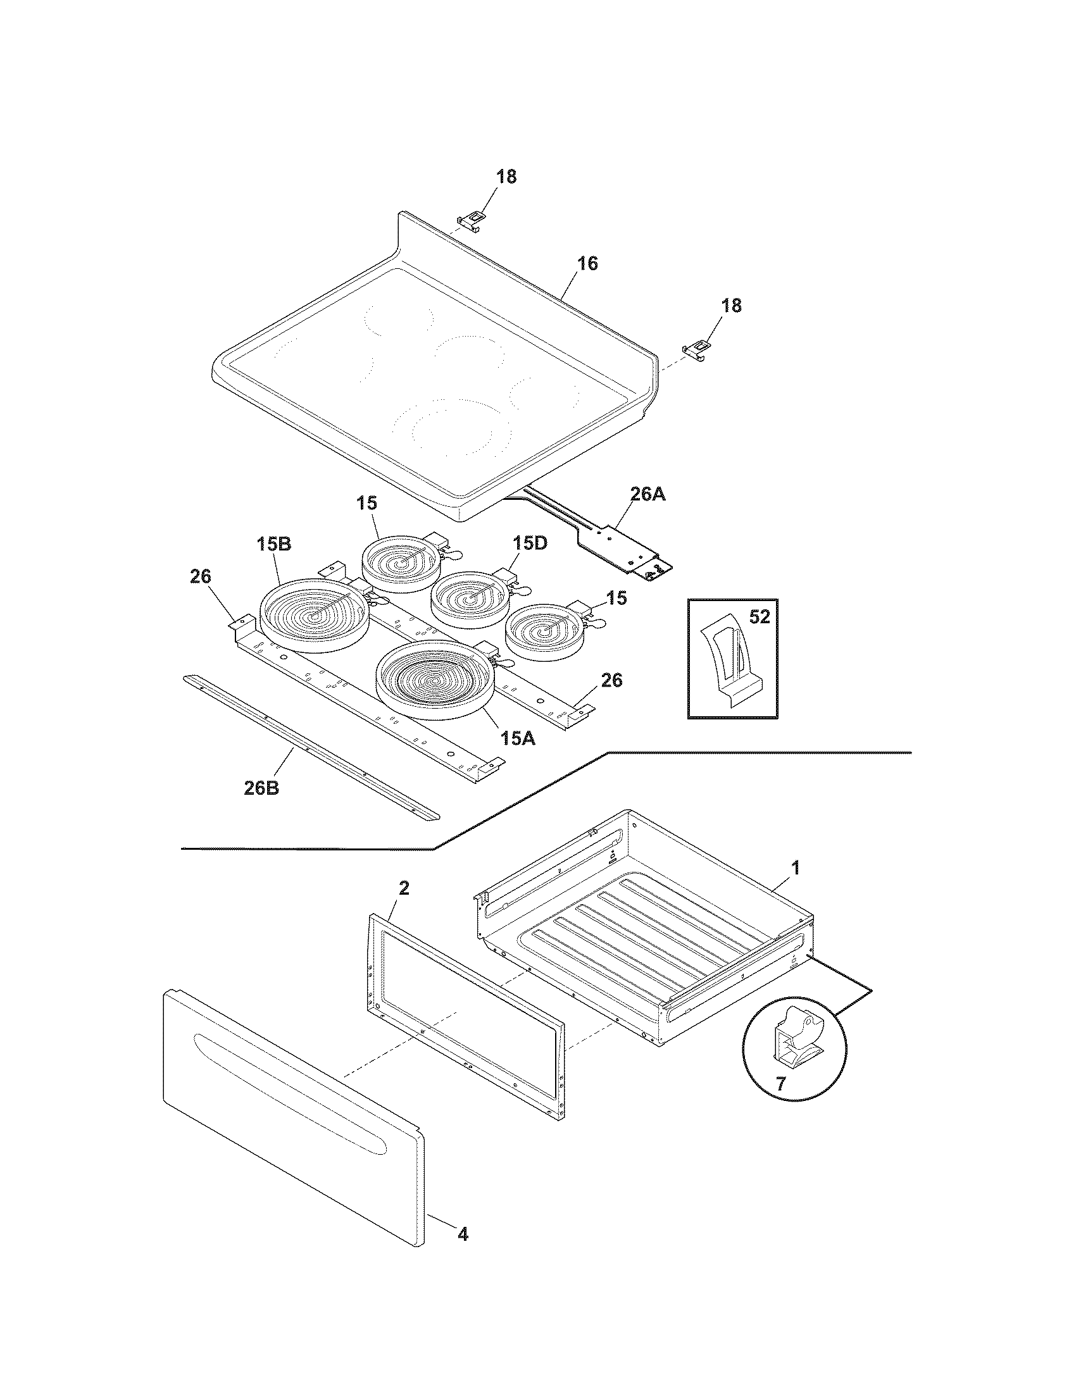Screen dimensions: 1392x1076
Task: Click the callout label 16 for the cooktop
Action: tap(588, 263)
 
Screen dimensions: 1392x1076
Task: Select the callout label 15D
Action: tap(530, 544)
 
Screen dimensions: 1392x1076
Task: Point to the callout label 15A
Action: tap(518, 738)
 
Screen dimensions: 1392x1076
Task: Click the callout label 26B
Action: tap(261, 788)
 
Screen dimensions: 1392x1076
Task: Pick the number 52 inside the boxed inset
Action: tap(759, 617)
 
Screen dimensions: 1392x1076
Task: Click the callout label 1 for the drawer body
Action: tap(794, 867)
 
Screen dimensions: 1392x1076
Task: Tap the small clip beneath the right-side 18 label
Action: tap(698, 349)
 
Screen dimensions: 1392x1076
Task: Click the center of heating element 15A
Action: tap(436, 681)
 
